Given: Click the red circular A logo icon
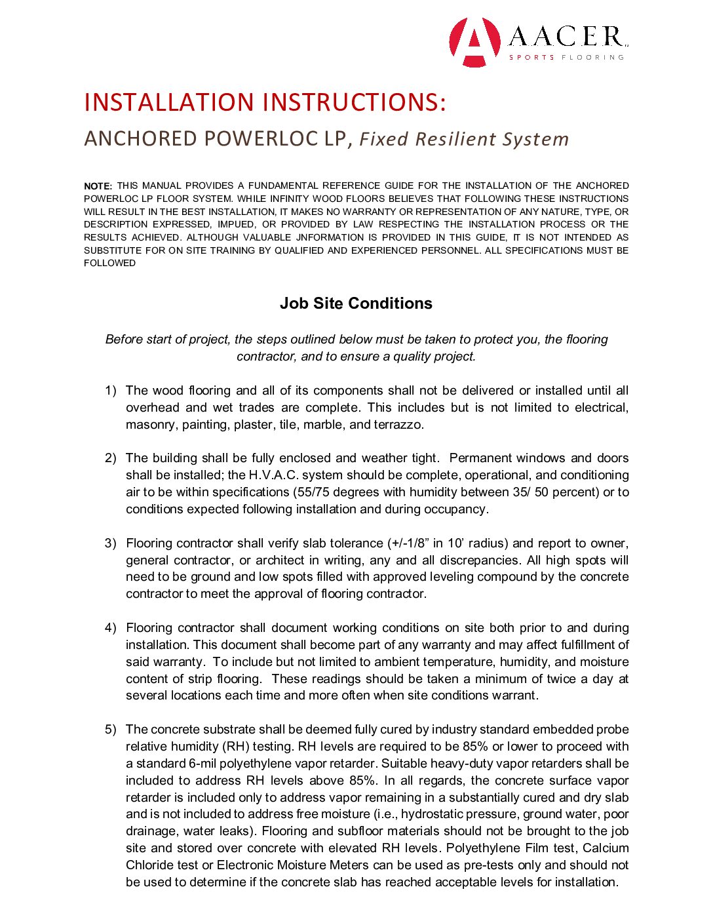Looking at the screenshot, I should point(474,42).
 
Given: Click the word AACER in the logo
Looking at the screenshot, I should point(568,37).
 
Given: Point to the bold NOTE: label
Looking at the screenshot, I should point(98,186).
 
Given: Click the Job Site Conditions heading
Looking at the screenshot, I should point(356,304).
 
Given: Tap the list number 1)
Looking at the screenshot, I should point(111,391).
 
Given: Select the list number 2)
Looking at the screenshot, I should point(111,458).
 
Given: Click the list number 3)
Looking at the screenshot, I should point(111,543).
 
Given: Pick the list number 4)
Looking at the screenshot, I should point(111,628).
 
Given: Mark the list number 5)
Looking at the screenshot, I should point(111,730).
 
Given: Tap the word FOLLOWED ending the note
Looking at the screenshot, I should point(110,264).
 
